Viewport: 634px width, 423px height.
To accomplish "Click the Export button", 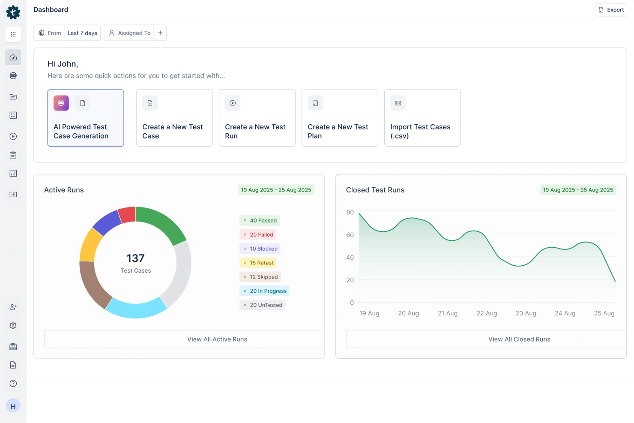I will [x=611, y=10].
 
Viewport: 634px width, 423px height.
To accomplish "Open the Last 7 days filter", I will [x=82, y=33].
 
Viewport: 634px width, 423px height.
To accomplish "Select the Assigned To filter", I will [x=129, y=33].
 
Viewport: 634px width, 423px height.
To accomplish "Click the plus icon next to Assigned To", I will [x=160, y=33].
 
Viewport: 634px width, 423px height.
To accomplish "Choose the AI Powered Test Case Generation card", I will [x=86, y=118].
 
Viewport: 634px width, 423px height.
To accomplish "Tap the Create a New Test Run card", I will [x=257, y=118].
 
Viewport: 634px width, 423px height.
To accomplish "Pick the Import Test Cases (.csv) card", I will [x=422, y=118].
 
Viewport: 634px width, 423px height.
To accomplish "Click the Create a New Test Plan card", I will [x=340, y=118].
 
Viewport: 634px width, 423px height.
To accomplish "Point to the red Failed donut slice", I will [x=128, y=215].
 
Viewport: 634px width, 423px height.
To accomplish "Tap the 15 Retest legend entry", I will [x=258, y=263].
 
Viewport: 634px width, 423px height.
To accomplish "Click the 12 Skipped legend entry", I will [x=260, y=277].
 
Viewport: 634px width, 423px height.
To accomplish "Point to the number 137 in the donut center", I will [x=135, y=258].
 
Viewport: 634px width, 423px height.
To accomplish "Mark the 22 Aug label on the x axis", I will [x=487, y=313].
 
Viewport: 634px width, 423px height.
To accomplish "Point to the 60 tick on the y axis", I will [x=350, y=235].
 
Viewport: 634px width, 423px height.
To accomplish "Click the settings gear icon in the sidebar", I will [x=13, y=325].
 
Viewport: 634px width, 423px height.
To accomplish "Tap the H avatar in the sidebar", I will [x=13, y=406].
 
